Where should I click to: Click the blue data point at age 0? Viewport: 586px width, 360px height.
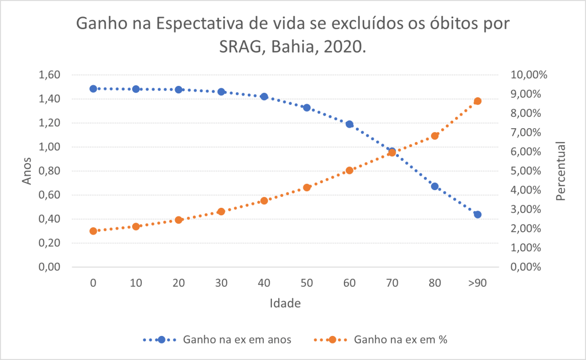(x=93, y=89)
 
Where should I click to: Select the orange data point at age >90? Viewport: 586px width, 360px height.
(x=478, y=101)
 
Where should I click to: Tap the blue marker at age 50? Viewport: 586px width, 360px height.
(x=307, y=108)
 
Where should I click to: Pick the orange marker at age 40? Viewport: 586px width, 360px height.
(x=264, y=201)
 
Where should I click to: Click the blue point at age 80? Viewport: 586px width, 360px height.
(x=435, y=187)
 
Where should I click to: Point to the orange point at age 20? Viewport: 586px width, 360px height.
(x=179, y=220)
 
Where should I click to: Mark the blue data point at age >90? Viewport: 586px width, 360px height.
(x=478, y=215)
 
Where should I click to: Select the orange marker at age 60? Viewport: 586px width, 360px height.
(x=350, y=171)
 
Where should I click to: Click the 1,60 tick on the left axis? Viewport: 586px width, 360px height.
(x=50, y=75)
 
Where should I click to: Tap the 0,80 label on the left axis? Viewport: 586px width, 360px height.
(x=50, y=171)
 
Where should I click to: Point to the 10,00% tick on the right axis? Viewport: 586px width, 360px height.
(x=529, y=75)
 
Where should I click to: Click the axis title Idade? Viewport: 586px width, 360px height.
(x=285, y=303)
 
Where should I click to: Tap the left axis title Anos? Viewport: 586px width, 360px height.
(x=27, y=171)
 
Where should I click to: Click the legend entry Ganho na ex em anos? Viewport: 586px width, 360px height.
(x=237, y=339)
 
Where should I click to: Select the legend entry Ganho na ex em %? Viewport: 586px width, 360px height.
(x=401, y=339)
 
